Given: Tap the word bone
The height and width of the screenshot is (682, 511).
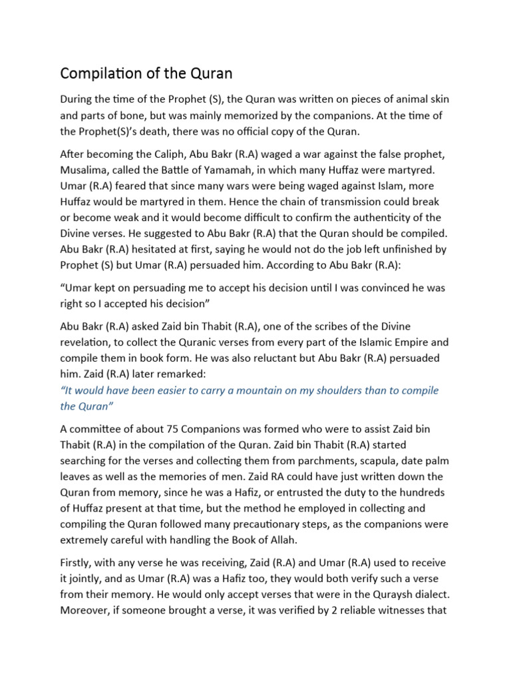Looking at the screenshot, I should tap(137, 116).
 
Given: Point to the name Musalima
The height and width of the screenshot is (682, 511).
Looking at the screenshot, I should tap(85, 171).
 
